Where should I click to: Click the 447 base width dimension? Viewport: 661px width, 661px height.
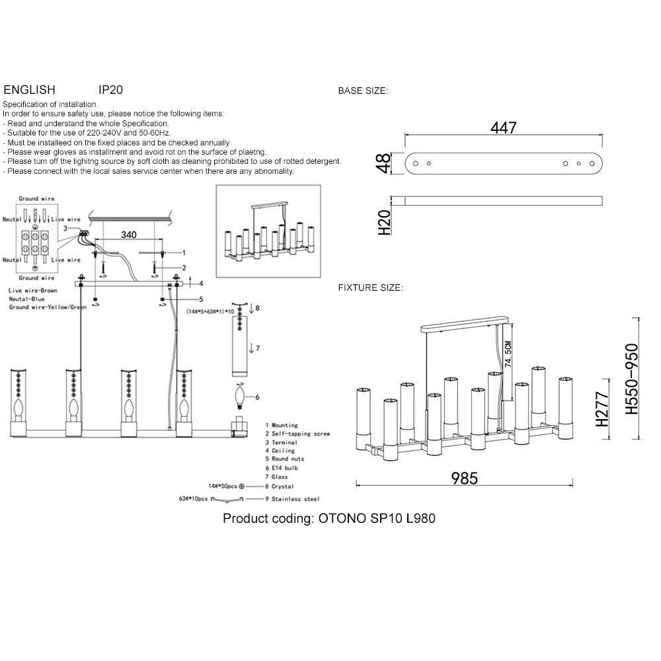[x=503, y=128]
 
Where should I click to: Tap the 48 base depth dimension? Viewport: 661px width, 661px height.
[x=383, y=163]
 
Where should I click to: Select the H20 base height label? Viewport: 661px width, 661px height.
[x=384, y=223]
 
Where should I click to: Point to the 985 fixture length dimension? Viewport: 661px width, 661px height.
[x=464, y=479]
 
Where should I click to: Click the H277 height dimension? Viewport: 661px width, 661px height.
[x=602, y=408]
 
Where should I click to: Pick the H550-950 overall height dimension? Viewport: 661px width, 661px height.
[x=631, y=379]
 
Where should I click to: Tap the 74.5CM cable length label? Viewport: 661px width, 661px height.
[x=508, y=354]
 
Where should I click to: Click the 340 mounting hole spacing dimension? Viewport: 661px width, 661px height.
[x=129, y=235]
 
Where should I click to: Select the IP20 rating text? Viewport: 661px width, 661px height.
[x=110, y=90]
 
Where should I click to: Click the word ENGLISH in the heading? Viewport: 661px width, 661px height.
[x=29, y=90]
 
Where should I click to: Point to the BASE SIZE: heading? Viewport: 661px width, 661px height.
[x=363, y=91]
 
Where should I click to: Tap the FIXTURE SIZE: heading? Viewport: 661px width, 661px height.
[x=371, y=288]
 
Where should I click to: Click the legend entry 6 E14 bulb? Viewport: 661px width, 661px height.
[x=282, y=468]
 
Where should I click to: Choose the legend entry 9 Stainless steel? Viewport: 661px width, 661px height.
[x=292, y=499]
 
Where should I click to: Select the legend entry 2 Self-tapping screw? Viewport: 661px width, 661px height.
[x=297, y=434]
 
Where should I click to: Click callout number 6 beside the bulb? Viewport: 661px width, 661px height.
[x=257, y=397]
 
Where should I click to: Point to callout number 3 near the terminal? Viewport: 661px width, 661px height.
[x=65, y=229]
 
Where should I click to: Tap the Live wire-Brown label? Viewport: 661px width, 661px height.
[x=33, y=290]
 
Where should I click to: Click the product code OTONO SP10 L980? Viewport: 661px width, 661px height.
[x=377, y=518]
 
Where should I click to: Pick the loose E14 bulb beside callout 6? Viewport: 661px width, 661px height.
[x=240, y=398]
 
